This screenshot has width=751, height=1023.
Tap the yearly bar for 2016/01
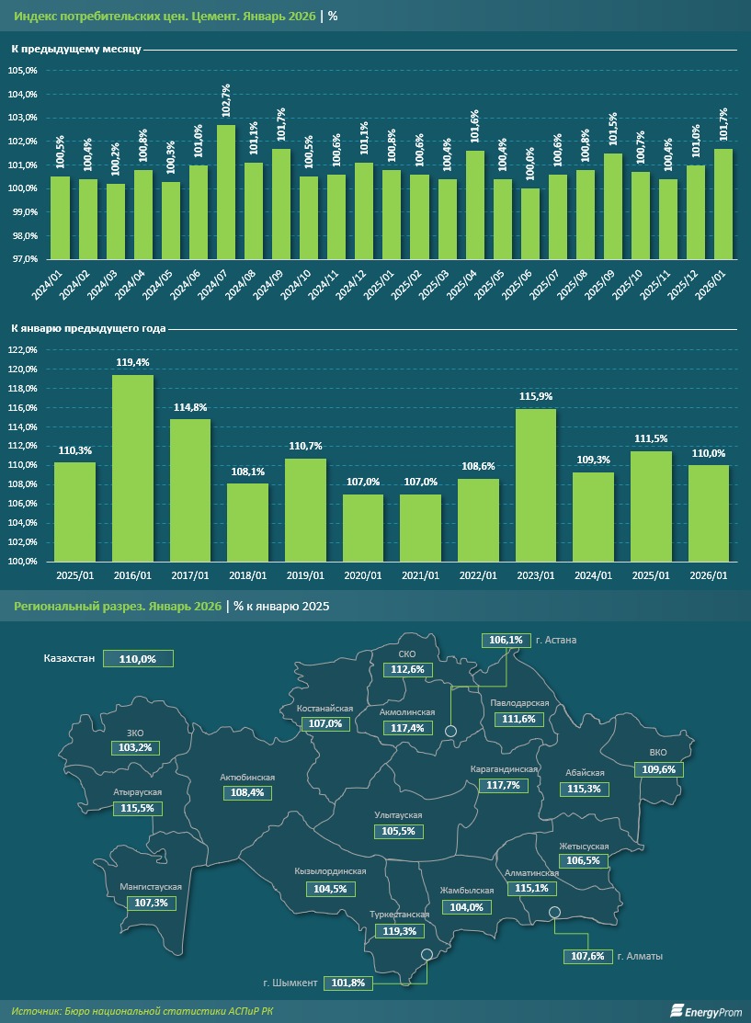(132, 468)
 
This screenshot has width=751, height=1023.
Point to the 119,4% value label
(132, 363)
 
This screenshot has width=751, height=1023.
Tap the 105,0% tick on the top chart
(23, 71)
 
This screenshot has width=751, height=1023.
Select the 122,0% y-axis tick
(23, 350)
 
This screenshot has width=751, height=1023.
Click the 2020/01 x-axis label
(362, 575)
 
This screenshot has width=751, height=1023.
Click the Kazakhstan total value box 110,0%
(138, 659)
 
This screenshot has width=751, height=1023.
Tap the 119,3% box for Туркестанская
(398, 931)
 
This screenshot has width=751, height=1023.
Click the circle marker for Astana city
(451, 731)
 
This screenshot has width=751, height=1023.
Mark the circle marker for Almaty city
(554, 912)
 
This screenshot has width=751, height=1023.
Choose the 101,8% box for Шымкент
(348, 983)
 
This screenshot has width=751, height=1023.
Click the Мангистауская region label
(151, 887)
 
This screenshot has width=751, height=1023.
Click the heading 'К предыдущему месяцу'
(75, 49)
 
